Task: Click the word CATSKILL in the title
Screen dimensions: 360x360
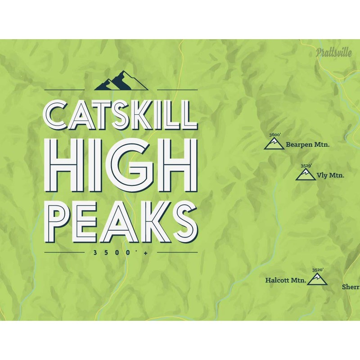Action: click(121, 115)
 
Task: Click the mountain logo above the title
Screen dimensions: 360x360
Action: click(121, 81)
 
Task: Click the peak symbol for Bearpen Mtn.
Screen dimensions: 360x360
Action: click(274, 144)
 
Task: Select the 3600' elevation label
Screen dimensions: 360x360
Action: click(274, 135)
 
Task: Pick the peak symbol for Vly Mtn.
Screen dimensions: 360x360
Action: click(306, 175)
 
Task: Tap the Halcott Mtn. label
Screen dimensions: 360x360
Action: click(285, 280)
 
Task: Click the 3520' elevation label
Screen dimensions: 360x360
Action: click(318, 270)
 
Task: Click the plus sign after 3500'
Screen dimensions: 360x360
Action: click(146, 253)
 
